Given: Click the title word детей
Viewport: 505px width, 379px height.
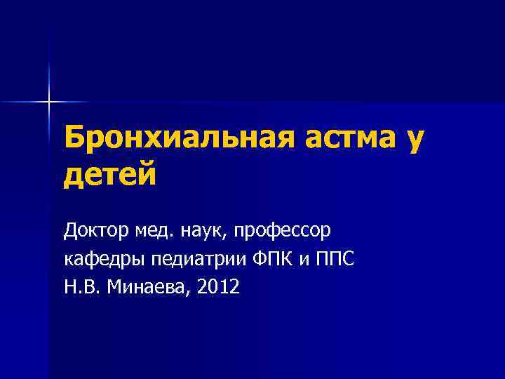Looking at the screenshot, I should [x=110, y=175].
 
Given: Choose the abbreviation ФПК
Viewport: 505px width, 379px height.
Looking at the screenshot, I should [x=270, y=258].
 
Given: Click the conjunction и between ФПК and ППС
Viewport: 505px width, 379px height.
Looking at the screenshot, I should [x=303, y=260].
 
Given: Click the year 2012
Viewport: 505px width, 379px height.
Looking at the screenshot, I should [x=218, y=286].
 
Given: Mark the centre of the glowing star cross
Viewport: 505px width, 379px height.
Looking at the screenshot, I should [x=49, y=102].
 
